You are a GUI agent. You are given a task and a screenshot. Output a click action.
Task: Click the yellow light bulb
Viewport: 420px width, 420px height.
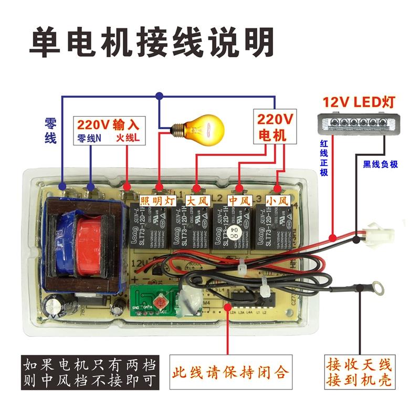[202, 128]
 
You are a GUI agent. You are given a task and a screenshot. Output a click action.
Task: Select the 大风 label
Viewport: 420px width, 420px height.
[197, 200]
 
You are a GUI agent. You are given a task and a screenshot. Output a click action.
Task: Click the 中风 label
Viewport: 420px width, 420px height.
[239, 200]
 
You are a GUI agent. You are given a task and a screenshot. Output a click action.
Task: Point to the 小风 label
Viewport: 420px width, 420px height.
[277, 200]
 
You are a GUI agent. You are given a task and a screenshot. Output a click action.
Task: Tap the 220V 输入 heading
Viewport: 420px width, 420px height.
[108, 125]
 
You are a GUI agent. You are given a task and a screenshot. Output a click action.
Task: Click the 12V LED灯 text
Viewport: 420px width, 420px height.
[359, 101]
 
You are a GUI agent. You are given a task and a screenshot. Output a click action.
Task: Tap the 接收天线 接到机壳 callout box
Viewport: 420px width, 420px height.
[359, 372]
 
